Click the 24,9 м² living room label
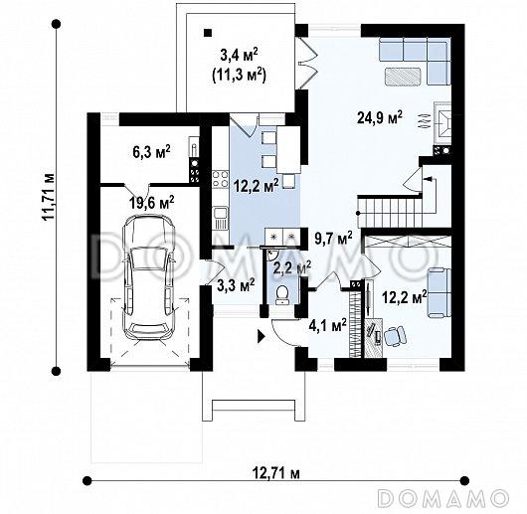coord(380,118)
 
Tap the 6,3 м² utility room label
coord(151,152)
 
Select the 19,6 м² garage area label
coord(152,202)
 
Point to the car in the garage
coord(148,277)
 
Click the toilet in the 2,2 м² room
coord(281,294)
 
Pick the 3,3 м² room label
coord(236,285)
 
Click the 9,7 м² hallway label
coord(333,239)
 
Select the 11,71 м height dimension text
coord(48,197)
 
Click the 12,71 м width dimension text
coord(276,474)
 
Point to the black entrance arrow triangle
coord(262,336)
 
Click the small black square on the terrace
coord(208,32)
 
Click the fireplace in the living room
coord(441,124)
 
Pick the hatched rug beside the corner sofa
coord(403,76)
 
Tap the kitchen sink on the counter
coord(220,218)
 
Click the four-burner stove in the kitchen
coord(220,179)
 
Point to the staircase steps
coord(391,213)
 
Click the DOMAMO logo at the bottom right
coord(444,497)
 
